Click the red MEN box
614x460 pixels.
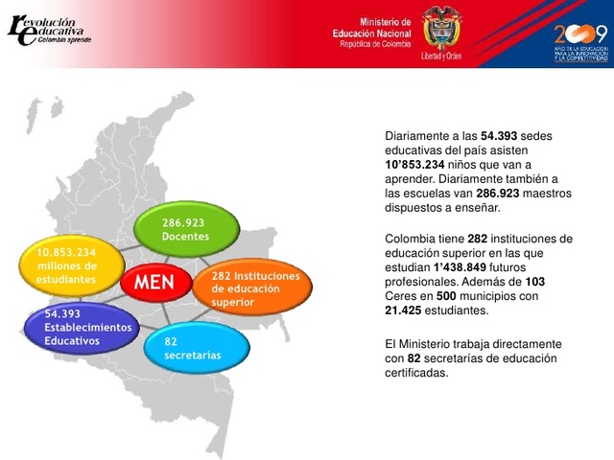154,283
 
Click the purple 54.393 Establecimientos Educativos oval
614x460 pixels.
84,328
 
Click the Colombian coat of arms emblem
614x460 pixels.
442,30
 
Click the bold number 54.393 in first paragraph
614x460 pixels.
504,136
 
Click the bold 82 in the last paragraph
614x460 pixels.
414,358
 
